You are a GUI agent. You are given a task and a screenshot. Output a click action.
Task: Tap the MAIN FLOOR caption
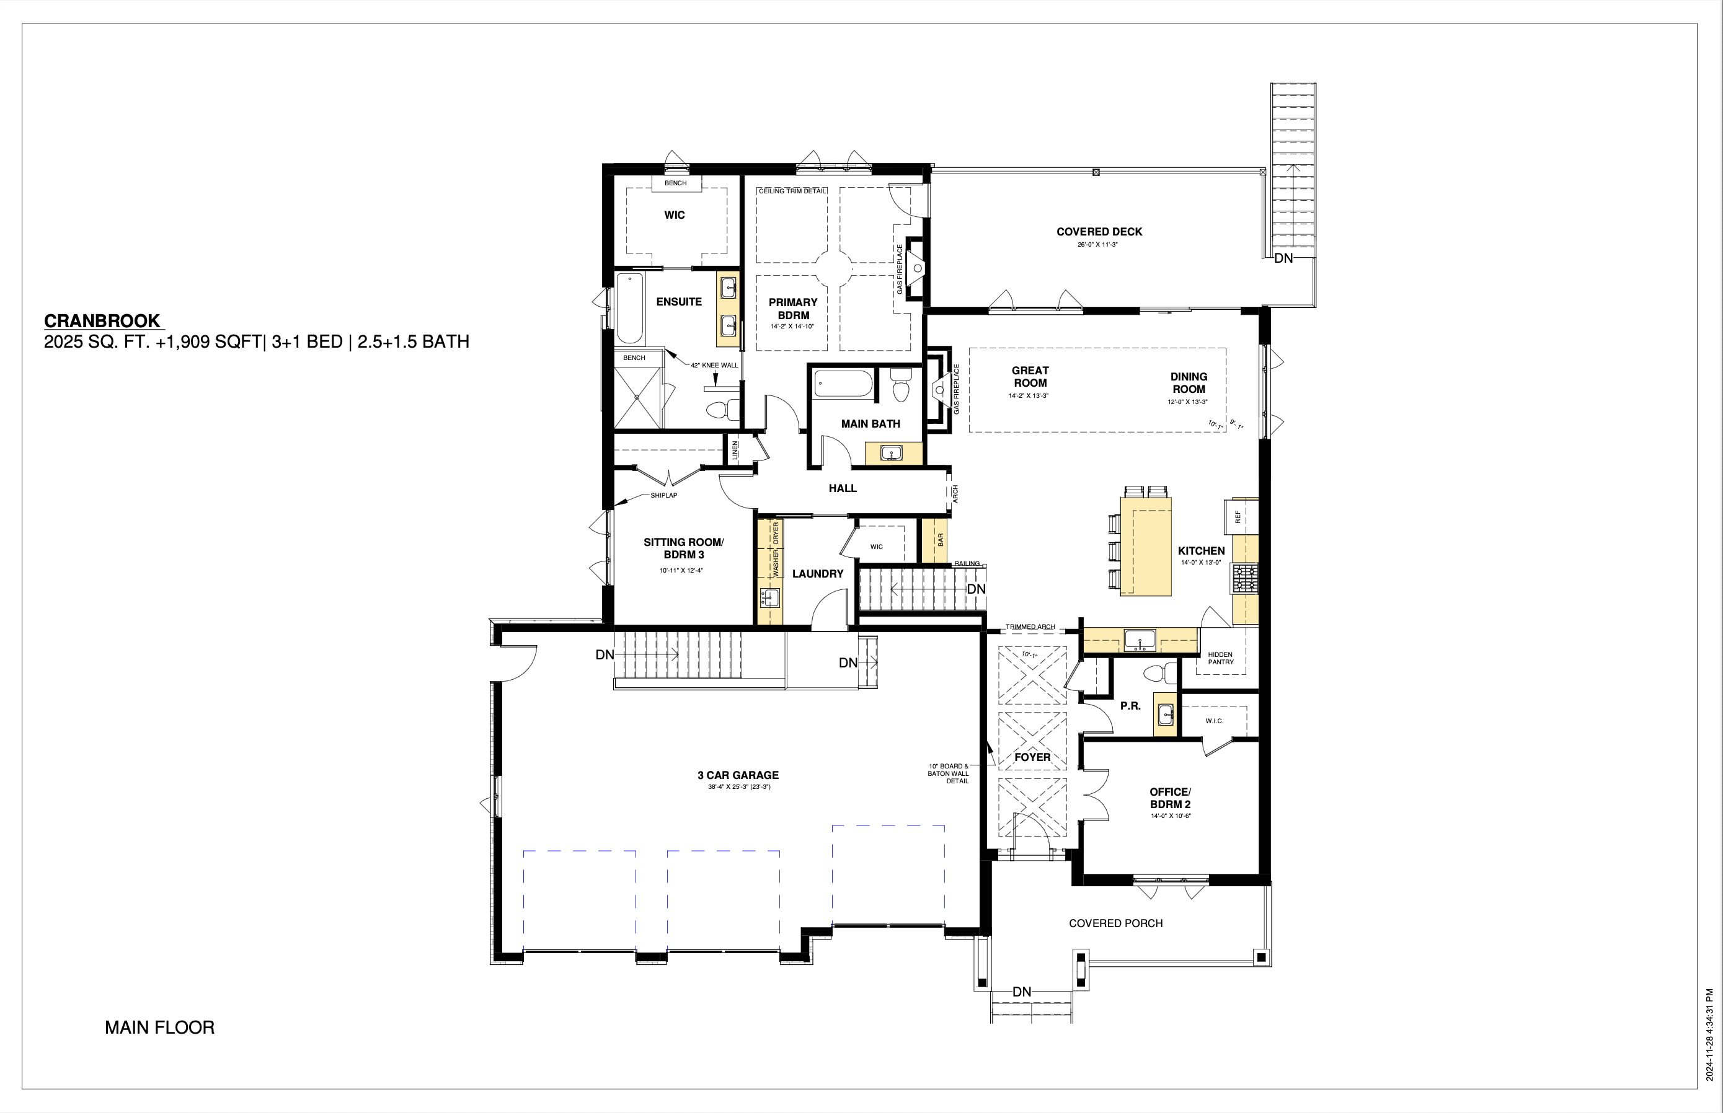pos(160,1027)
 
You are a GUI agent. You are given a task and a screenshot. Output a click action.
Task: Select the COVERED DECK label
pos(1099,232)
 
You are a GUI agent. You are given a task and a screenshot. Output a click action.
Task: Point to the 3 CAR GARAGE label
pos(738,775)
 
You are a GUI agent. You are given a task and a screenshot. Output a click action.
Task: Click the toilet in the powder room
pos(1161,674)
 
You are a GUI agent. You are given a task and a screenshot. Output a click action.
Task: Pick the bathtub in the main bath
pos(843,383)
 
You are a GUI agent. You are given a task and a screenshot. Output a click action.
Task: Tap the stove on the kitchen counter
pos(1245,579)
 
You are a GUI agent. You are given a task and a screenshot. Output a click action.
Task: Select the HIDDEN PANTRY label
pos(1221,658)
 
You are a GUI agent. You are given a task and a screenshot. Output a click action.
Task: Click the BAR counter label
pos(941,539)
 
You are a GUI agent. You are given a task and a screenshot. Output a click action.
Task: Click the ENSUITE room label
pos(679,302)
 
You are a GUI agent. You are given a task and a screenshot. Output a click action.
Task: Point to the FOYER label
pos(1032,757)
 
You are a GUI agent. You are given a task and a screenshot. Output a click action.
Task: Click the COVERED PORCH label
pos(1115,923)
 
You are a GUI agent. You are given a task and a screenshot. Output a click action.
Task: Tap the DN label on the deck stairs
pos(1283,258)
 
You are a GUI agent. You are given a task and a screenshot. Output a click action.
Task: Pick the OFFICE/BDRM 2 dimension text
pos(1171,816)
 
